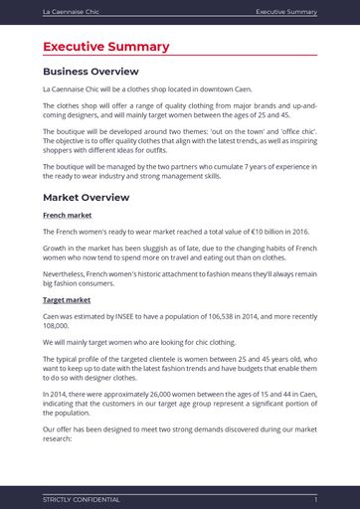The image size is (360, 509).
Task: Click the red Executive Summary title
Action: click(105, 47)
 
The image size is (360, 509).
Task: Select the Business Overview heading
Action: click(90, 72)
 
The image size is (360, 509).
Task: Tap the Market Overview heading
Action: click(86, 197)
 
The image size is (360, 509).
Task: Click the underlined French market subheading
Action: click(67, 215)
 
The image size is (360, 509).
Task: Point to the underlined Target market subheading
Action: click(67, 299)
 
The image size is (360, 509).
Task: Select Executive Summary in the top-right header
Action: click(286, 12)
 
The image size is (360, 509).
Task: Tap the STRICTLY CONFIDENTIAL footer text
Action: click(81, 499)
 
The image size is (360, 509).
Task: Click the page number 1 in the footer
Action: click(315, 499)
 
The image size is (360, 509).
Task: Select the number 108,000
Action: click(59, 325)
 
